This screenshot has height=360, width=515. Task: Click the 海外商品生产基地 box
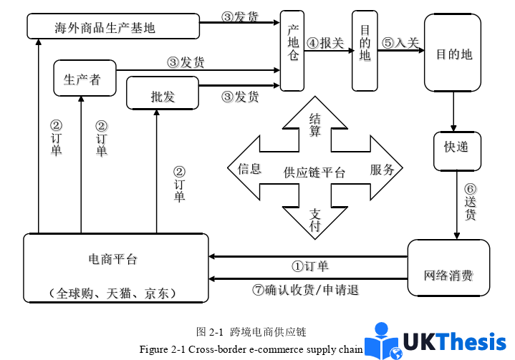pos(113,27)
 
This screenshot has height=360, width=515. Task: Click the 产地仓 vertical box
pos(292,51)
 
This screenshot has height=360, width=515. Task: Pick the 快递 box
pos(456,147)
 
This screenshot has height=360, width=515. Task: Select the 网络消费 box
pos(448,276)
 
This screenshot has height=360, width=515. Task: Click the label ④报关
pos(325,43)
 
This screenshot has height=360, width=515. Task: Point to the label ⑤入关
pos(400,43)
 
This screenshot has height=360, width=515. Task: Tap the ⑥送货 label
pos(470,203)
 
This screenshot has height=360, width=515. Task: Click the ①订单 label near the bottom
pos(309,266)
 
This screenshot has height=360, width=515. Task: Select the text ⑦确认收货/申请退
pos(304,290)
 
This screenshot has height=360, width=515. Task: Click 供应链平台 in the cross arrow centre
pos(314,172)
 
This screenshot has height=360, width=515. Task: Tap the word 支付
pos(314,219)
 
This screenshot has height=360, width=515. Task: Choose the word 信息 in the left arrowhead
pos(249,170)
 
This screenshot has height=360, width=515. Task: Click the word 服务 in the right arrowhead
pos(382,170)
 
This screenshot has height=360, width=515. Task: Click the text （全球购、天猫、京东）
pos(115,293)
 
